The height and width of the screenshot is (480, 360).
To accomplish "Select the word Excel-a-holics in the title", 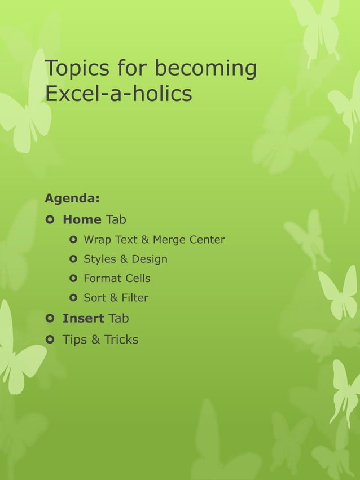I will click(118, 94).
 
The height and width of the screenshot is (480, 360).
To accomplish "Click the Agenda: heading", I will click(72, 199).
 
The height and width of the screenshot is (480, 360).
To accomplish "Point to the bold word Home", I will click(82, 219).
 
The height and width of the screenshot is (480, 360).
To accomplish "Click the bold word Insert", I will click(83, 318).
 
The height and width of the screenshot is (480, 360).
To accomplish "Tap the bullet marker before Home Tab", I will click(50, 219).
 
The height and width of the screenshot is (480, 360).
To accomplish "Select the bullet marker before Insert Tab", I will click(50, 318).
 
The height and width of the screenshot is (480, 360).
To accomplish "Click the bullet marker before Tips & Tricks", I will click(50, 340).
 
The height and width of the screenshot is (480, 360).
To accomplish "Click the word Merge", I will click(170, 240).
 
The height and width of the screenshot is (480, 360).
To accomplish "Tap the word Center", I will click(207, 240).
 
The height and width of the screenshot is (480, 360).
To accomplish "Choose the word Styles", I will click(99, 259).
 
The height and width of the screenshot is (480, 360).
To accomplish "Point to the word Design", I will click(150, 259).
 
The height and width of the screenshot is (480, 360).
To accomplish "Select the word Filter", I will click(134, 298).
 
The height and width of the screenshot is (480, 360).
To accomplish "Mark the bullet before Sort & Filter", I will click(72, 298).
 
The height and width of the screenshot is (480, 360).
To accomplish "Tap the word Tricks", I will click(121, 340).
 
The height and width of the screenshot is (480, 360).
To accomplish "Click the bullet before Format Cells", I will click(72, 279).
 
